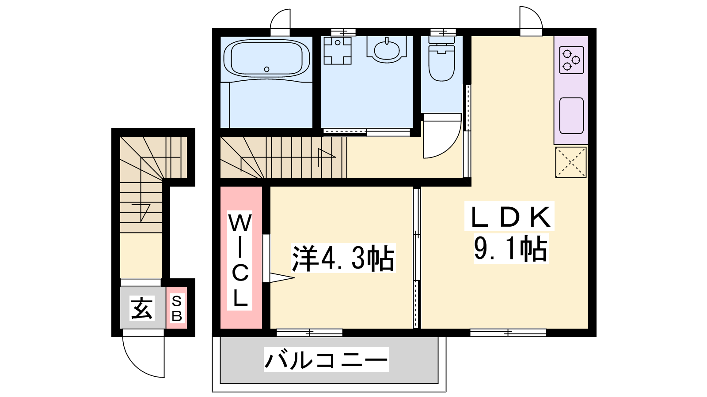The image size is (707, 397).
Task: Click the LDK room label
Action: (x=509, y=217)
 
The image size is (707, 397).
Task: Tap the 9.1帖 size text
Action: (x=511, y=249)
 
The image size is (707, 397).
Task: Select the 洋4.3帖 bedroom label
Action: (x=343, y=258)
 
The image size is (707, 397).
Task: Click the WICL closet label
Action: (x=240, y=260)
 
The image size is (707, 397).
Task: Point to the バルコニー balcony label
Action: (x=327, y=360)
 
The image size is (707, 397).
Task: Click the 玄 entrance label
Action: (x=142, y=308)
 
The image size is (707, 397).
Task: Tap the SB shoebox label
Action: (x=177, y=308)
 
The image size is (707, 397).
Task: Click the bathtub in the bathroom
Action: (x=267, y=59)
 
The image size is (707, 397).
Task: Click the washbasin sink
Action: (x=387, y=50)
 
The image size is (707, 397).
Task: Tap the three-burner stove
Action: (x=572, y=60)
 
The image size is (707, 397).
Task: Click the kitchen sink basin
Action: (x=572, y=116)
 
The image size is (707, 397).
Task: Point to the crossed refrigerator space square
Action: (x=570, y=162)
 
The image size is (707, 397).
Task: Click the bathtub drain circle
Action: (x=267, y=69)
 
